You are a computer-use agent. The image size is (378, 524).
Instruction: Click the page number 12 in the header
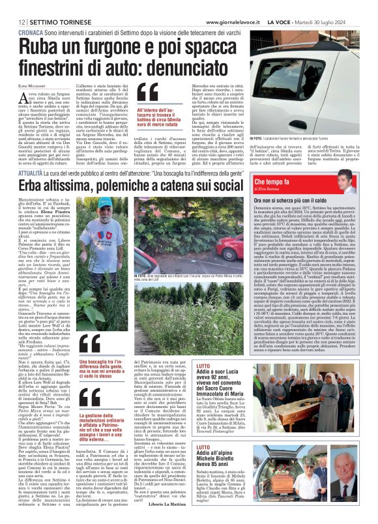(x=13, y=6)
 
